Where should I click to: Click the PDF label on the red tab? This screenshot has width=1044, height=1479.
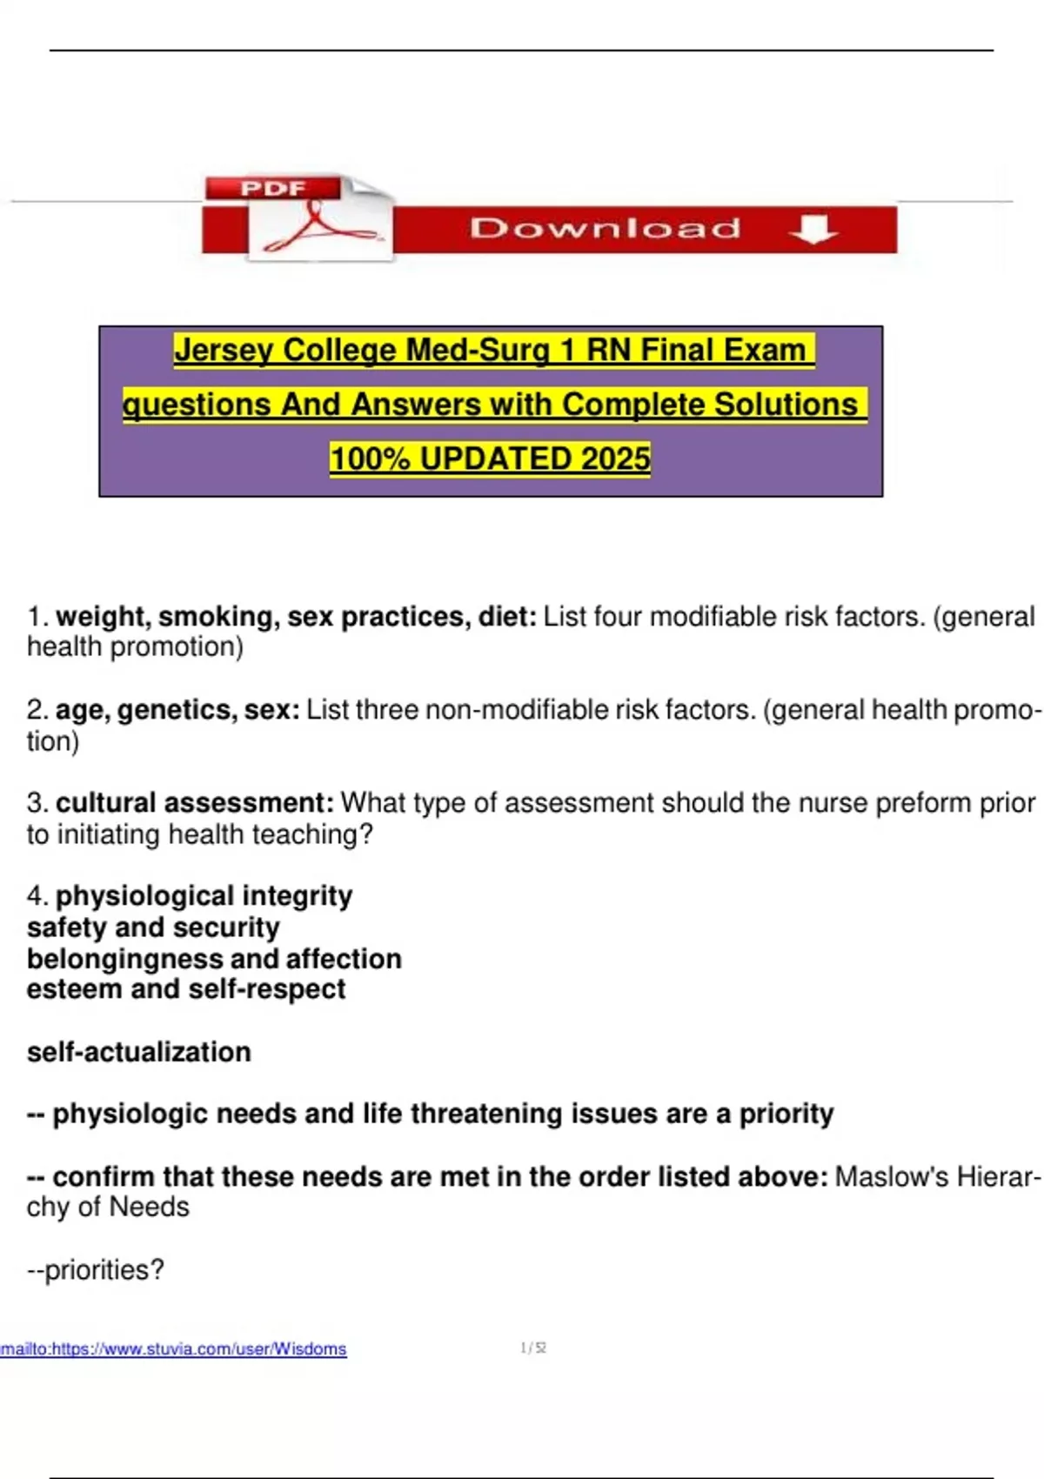coord(273,189)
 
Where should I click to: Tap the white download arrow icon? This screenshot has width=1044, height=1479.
coord(813,229)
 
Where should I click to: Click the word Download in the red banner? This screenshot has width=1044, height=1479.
coord(605,229)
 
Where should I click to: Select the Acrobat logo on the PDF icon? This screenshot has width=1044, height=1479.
coord(318,228)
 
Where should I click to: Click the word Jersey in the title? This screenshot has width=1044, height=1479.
coord(224,350)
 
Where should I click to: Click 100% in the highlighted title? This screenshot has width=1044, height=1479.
coord(370,458)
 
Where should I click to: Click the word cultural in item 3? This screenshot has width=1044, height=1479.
coord(105,803)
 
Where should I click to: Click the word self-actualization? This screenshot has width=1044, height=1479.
coord(139,1052)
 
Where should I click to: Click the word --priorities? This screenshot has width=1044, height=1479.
coord(96,1270)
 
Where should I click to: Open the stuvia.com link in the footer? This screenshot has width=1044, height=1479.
coord(173,1349)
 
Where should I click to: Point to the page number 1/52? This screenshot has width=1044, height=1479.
coord(532,1348)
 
